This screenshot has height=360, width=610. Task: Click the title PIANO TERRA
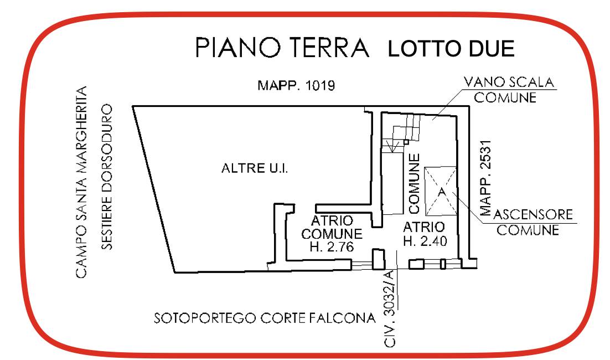pos(282,48)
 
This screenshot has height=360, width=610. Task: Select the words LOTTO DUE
pos(451,49)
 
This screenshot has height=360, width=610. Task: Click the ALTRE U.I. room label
pos(255,168)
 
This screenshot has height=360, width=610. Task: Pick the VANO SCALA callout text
pos(509,82)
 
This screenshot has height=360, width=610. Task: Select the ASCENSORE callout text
pos(533,214)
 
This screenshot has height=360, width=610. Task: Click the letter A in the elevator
pos(441,192)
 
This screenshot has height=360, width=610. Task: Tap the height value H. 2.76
pos(332,247)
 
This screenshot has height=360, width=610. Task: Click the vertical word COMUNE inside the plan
pos(414,183)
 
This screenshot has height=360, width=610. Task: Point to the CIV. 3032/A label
pos(389,308)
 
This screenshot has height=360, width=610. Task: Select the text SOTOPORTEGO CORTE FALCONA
pos(265,318)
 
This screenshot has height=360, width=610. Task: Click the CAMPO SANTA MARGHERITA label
pos(81,182)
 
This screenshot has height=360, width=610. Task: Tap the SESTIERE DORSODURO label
pos(107,177)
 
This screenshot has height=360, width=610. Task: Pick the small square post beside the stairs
pos(406,142)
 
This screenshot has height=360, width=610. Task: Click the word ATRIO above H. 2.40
pos(423,227)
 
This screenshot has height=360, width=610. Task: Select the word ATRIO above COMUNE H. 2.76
pos(332,220)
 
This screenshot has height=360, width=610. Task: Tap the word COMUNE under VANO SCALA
pos(505,97)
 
